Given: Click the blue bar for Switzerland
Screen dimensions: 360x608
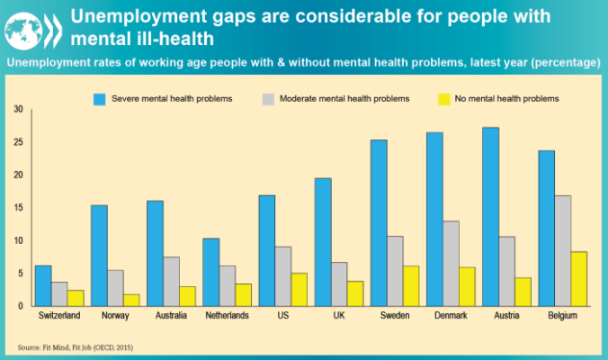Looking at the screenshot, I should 43,285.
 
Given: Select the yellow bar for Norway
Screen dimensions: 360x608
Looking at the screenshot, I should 131,300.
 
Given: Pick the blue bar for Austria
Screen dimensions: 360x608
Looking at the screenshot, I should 490,216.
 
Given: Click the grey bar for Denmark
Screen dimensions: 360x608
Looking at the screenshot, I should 452,263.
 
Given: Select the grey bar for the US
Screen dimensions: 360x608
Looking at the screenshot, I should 282,275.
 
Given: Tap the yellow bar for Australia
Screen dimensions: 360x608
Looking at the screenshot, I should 187,296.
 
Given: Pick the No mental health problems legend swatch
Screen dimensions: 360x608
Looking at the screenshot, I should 443,97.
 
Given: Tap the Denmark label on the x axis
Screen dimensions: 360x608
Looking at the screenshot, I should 452,317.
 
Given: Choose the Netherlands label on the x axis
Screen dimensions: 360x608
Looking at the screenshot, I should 228,317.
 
